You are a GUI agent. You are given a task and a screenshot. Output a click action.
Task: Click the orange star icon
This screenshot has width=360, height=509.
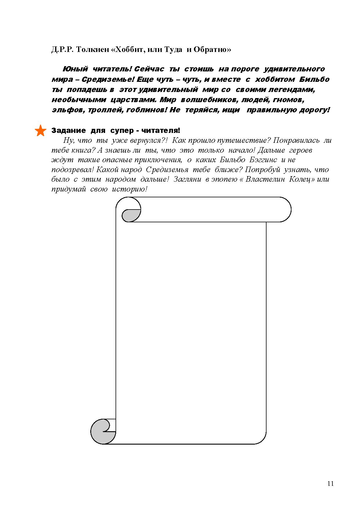(x=40, y=131)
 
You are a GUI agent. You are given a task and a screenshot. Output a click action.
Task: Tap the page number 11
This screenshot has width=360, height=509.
(x=330, y=483)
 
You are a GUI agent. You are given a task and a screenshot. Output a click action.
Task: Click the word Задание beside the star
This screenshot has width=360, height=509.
(x=69, y=131)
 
